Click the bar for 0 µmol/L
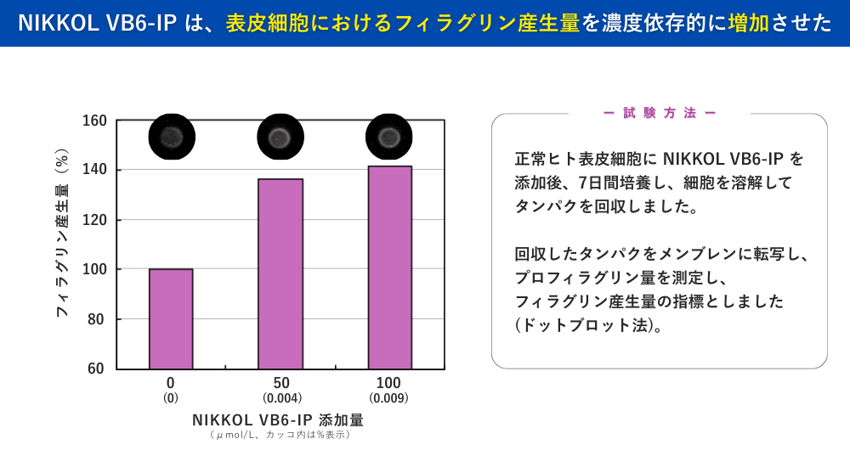(171, 318)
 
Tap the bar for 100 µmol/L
(389, 267)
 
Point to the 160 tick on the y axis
(93, 121)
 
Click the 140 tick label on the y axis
(93, 170)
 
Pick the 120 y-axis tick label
(93, 220)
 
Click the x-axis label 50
(281, 383)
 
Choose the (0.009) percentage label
(389, 398)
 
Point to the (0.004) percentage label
(281, 398)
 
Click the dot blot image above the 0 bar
(172, 137)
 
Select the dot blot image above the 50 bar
(280, 137)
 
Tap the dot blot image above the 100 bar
(389, 137)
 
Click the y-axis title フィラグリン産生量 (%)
(61, 233)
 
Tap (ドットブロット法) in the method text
(589, 325)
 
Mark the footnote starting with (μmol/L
(280, 435)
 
